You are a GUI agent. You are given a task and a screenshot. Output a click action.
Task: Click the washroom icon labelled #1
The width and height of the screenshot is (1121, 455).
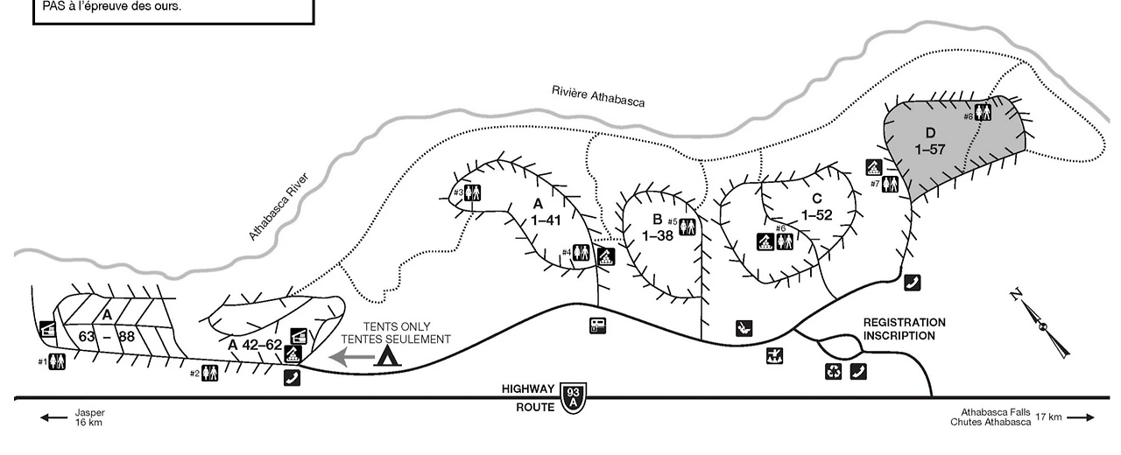click(x=57, y=360)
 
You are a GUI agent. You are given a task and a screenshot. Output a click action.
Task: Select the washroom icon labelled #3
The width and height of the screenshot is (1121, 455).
click(x=473, y=192)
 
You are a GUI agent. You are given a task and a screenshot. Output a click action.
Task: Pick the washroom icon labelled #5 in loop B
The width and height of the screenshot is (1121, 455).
click(x=687, y=227)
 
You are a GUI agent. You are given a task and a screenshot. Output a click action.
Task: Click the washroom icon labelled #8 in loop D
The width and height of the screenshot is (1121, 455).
click(x=984, y=112)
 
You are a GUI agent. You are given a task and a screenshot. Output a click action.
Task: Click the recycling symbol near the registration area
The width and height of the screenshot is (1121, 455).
click(x=833, y=371)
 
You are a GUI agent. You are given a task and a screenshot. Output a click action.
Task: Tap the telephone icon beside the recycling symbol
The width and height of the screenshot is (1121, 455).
click(x=858, y=371)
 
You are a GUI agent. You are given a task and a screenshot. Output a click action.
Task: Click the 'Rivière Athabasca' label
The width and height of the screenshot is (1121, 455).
click(x=598, y=95)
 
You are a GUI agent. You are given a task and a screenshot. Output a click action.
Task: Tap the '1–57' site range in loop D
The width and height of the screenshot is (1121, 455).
click(x=930, y=149)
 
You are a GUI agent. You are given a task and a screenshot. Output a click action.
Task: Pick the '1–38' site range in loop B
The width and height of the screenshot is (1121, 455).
click(x=658, y=235)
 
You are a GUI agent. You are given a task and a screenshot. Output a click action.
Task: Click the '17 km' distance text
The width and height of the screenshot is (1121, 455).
click(x=1048, y=417)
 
